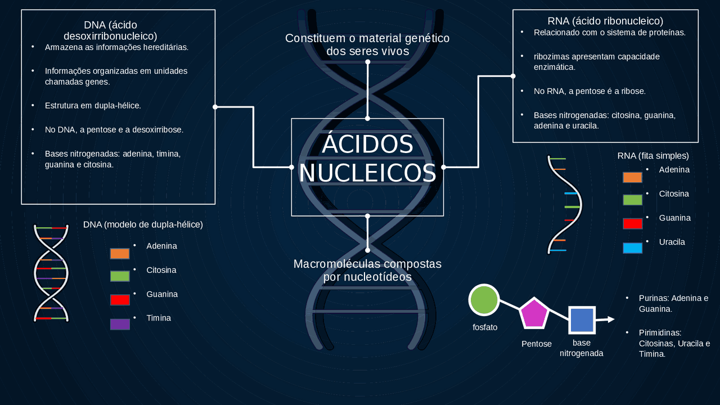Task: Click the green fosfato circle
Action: [x=484, y=300]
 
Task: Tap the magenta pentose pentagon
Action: [x=534, y=314]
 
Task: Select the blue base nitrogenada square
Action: [x=581, y=320]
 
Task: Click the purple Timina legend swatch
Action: [x=120, y=324]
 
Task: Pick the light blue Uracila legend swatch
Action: [x=632, y=248]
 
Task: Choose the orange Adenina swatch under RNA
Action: [x=632, y=177]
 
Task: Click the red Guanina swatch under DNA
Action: [x=120, y=300]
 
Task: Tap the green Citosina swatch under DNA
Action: [x=120, y=276]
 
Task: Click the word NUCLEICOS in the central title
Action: [x=367, y=173]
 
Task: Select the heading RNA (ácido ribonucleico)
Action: [x=605, y=21]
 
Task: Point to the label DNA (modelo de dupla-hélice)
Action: [x=143, y=224]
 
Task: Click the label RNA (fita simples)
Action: [x=653, y=156]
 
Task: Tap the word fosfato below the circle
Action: [x=485, y=327]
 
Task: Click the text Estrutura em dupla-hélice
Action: [x=93, y=106]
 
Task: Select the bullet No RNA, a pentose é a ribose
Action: [x=589, y=91]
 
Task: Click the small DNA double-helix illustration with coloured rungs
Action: [x=51, y=273]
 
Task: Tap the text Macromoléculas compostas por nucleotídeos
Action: [x=367, y=271]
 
